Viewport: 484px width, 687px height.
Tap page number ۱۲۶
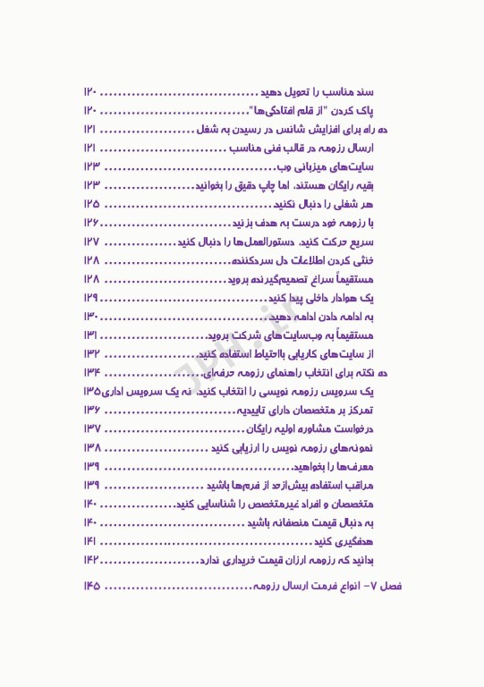[90, 223]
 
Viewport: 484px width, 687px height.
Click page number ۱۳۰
[90, 316]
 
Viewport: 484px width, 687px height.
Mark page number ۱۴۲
[90, 559]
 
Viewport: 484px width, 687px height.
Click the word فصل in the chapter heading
[392, 586]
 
